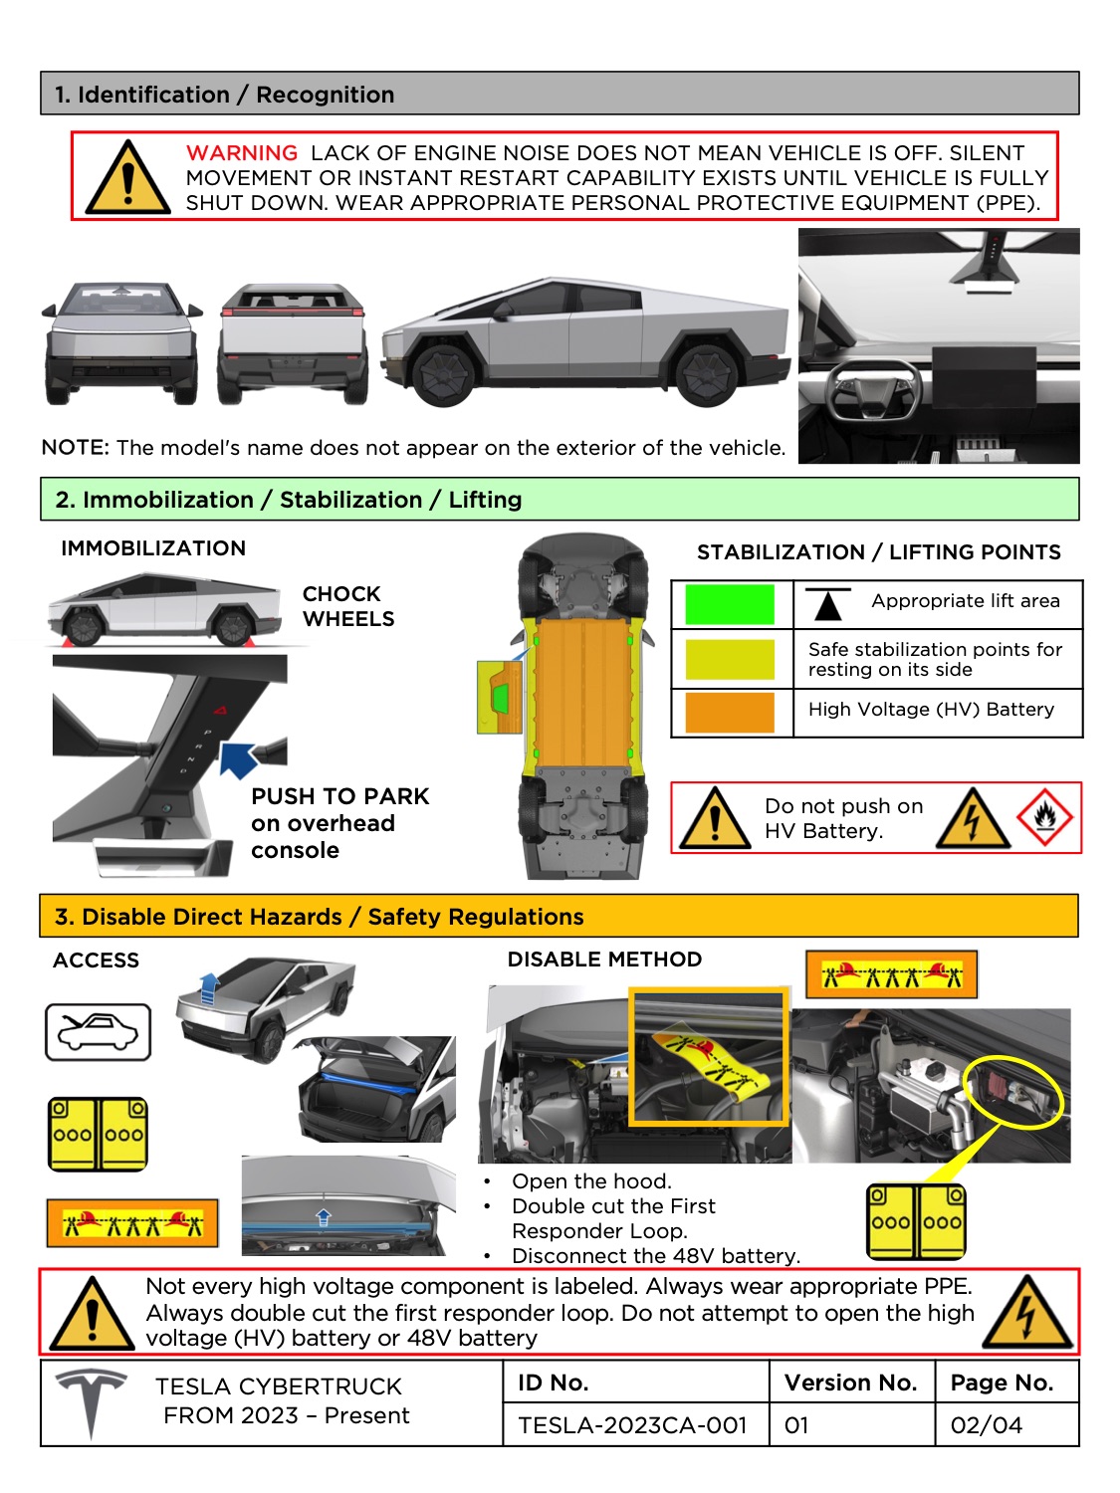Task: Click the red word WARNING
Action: (242, 153)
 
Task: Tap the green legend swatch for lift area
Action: (730, 604)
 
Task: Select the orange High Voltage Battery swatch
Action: (730, 713)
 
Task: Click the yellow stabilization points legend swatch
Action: (730, 659)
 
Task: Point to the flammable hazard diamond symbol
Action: (1044, 818)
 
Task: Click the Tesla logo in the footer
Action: (91, 1401)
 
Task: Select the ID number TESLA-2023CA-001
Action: (632, 1425)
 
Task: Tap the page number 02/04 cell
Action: (987, 1425)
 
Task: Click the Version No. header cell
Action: (850, 1383)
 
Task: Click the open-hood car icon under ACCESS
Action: (98, 1032)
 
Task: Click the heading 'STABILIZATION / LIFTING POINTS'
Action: (878, 552)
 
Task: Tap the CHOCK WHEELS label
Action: (347, 606)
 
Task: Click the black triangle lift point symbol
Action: (827, 604)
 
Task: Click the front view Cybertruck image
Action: (121, 342)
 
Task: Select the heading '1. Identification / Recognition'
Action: (225, 95)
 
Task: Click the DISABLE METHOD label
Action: (604, 960)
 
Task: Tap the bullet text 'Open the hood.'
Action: (591, 1181)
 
